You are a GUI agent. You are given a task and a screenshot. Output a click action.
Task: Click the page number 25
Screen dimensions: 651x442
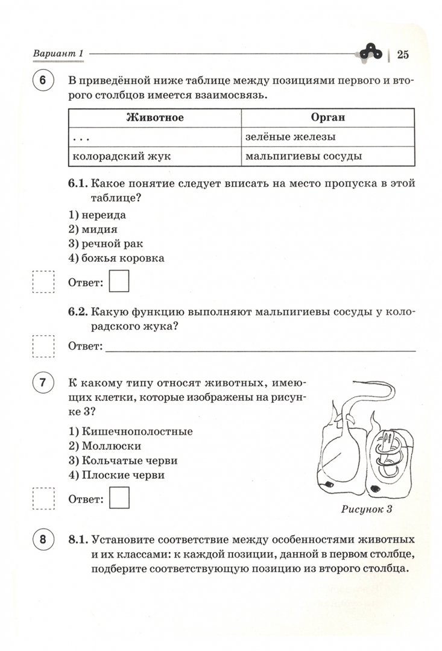pos(403,55)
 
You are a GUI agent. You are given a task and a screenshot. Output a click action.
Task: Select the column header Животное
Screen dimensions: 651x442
pos(155,118)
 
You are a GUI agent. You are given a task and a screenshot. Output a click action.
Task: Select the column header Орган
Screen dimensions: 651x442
pos(328,118)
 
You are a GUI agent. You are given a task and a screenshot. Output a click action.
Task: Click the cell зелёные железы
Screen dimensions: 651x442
pos(291,137)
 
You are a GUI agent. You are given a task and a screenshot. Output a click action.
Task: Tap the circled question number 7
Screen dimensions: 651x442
pos(43,383)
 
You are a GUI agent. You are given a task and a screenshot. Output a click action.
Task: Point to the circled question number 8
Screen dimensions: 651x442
pos(43,539)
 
